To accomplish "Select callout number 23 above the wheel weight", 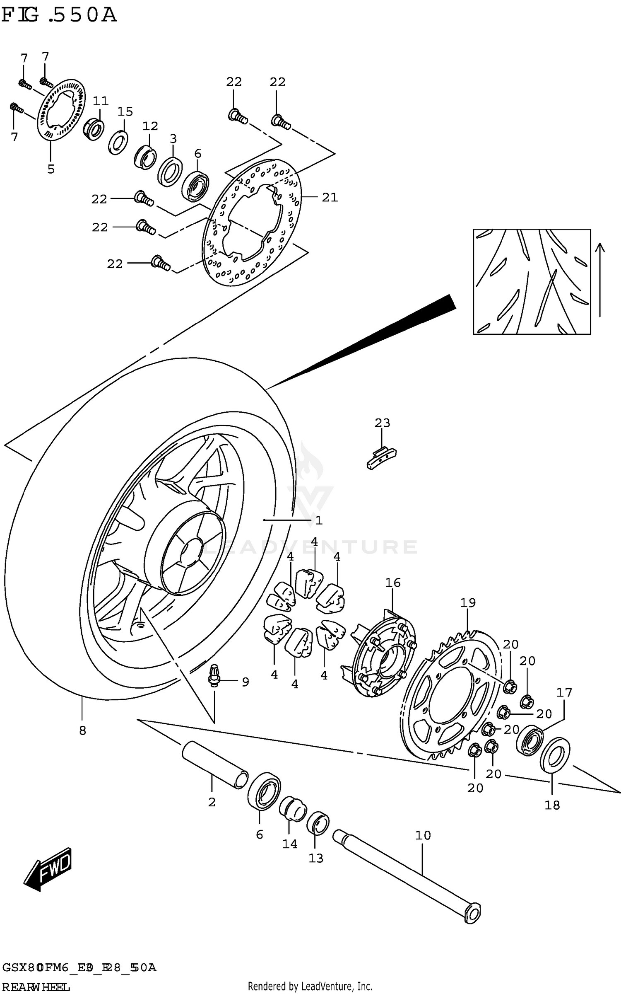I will coord(382,423).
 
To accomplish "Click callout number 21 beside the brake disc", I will coord(330,198).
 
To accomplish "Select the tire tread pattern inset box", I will coord(532,282).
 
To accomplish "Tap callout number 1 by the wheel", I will coord(318,520).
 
